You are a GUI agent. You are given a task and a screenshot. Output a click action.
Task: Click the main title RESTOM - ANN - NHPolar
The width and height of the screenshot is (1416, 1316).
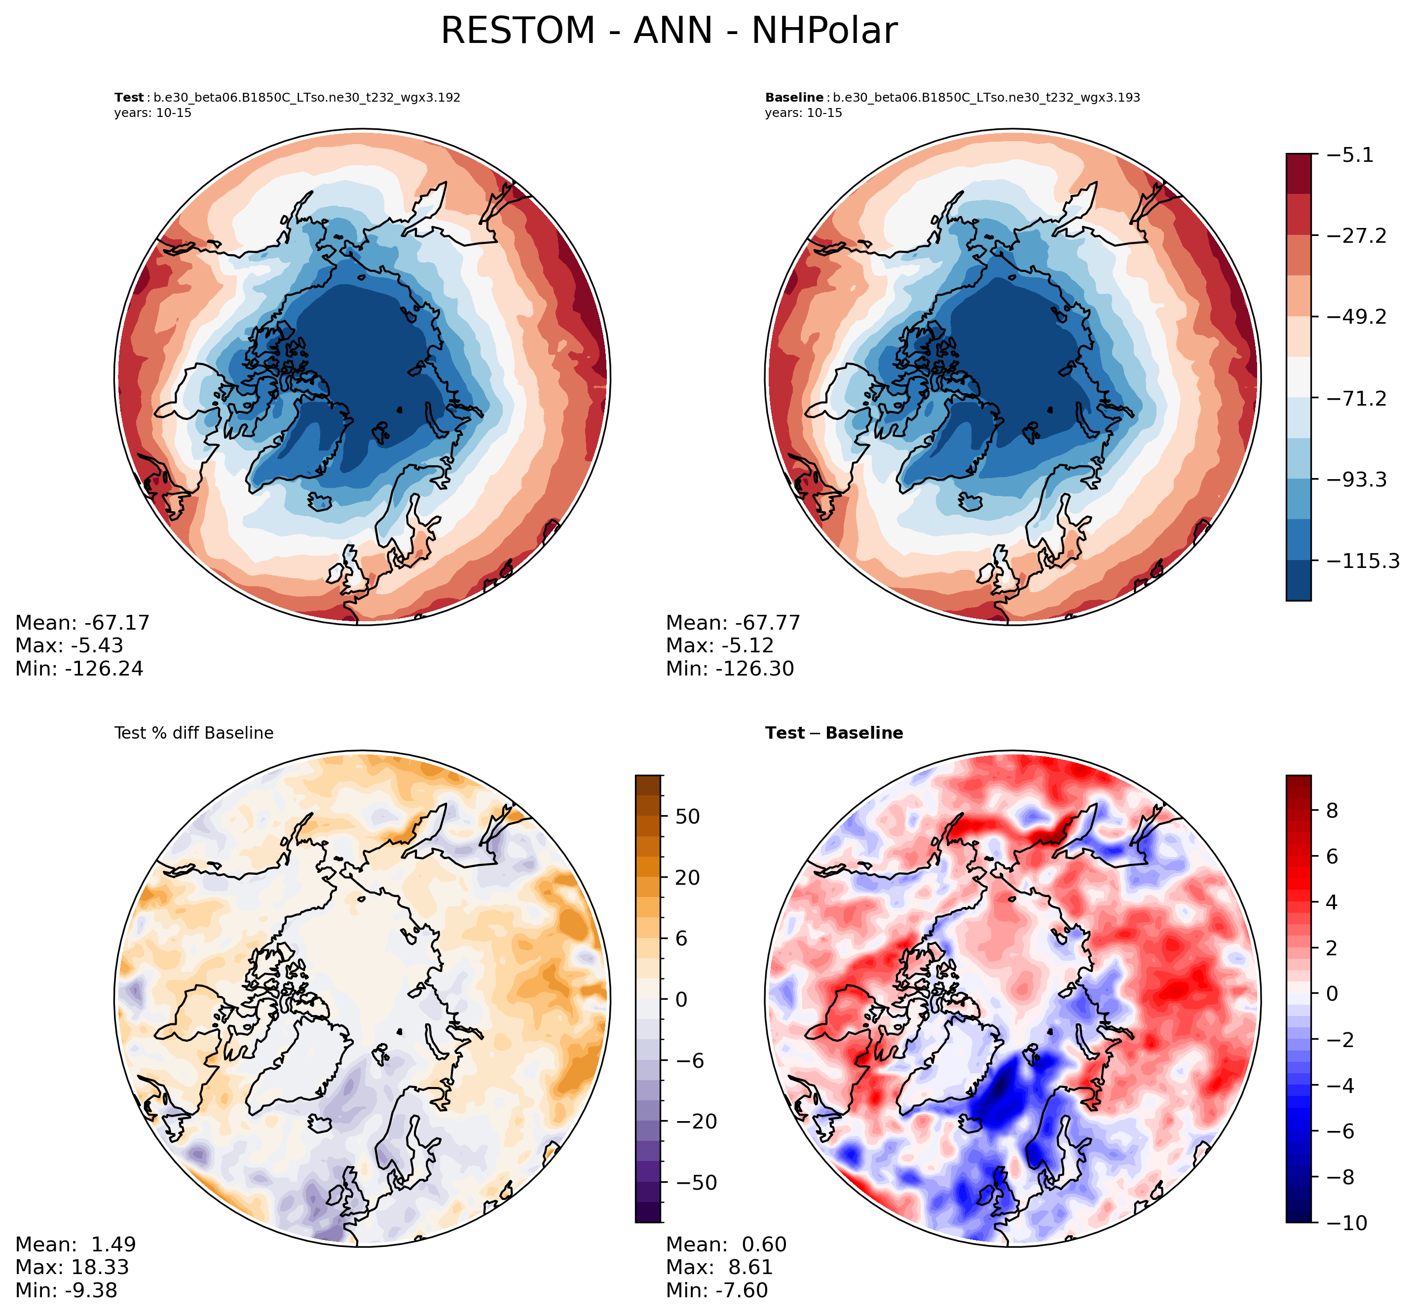tap(669, 32)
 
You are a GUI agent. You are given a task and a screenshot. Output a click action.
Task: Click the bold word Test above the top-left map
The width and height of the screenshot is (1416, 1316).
tap(129, 98)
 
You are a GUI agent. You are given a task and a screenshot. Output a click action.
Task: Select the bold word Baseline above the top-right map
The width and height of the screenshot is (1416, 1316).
tap(794, 98)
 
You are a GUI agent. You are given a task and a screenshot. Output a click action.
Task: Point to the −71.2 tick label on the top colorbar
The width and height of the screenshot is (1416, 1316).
tap(1357, 399)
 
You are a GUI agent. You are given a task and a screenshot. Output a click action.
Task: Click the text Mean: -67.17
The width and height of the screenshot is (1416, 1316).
tap(82, 623)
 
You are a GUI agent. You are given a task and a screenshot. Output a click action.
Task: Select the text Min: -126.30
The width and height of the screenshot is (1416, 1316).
tap(730, 669)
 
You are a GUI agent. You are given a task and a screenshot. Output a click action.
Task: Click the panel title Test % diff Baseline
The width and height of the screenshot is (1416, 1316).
tap(193, 733)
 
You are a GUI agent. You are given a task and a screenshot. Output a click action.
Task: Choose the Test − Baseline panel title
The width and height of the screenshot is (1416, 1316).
tap(834, 733)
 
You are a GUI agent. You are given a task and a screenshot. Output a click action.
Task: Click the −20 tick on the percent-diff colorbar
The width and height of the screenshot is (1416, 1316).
tap(693, 1122)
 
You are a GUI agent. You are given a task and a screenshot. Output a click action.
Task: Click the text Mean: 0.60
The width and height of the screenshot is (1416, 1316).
tap(726, 1245)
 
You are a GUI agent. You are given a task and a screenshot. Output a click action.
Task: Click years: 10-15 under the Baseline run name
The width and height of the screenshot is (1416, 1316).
tap(803, 113)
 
